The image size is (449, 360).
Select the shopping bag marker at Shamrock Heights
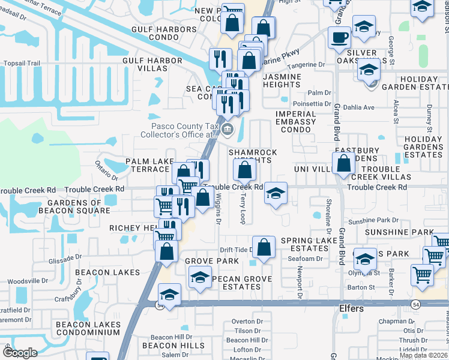tap(244, 170)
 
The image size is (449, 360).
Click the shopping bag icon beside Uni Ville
tap(343, 163)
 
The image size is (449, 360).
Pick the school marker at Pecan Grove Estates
tap(200, 277)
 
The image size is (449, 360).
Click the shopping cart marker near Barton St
tap(423, 274)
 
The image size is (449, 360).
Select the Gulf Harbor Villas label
tap(152, 64)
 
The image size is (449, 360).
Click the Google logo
tap(20, 353)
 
